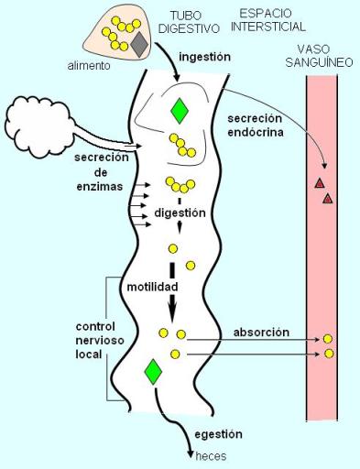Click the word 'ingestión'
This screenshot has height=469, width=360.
(205, 56)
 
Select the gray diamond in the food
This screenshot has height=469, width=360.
(139, 44)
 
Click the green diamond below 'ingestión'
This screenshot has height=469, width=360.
(180, 111)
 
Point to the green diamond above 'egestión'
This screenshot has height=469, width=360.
(153, 371)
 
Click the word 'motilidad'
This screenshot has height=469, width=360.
(151, 287)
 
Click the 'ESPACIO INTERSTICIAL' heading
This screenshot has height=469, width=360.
(272, 20)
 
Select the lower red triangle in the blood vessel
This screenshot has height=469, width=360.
(328, 198)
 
